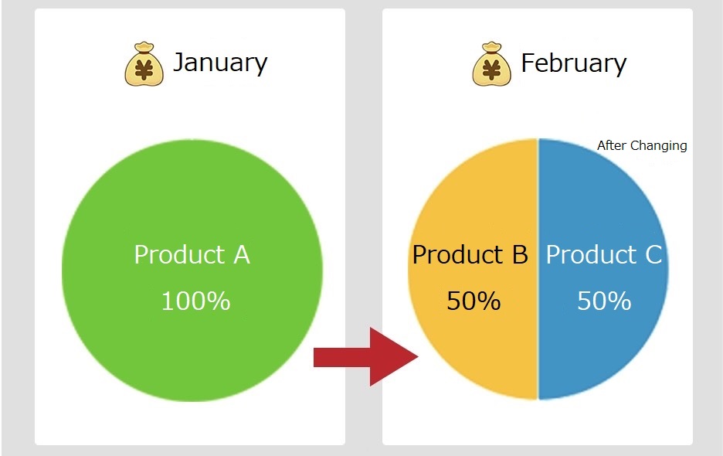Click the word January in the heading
[x=220, y=63]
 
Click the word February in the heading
[x=574, y=63]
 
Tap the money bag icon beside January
[x=144, y=64]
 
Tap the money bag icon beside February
[x=491, y=64]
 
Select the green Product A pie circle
[x=192, y=271]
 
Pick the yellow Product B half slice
[x=473, y=269]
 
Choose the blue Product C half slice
[x=603, y=269]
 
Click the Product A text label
[x=192, y=254]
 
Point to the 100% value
[x=195, y=301]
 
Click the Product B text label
[x=470, y=254]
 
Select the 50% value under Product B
[x=474, y=301]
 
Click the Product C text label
[x=604, y=254]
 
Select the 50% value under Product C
[x=604, y=301]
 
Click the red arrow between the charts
[x=365, y=357]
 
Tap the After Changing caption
[x=642, y=146]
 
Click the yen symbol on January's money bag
[x=144, y=70]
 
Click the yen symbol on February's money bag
[x=491, y=70]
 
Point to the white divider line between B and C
[x=538, y=269]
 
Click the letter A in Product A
[x=242, y=254]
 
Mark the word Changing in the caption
[x=658, y=146]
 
